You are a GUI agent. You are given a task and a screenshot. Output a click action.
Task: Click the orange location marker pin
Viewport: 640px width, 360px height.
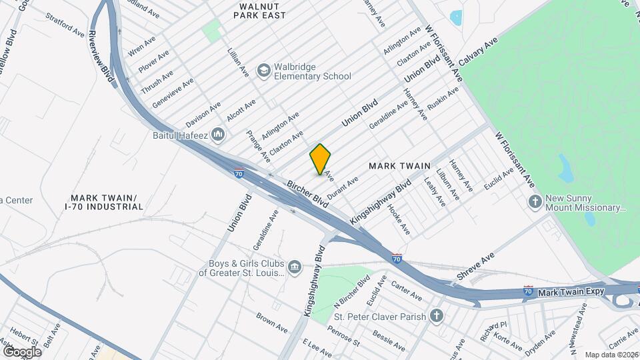point(321,159)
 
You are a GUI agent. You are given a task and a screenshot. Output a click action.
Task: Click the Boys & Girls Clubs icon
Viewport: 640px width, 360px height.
point(294,267)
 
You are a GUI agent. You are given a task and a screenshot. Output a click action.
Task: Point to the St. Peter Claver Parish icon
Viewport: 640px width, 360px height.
point(437,315)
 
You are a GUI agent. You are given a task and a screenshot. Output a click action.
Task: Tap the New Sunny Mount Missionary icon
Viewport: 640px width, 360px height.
point(534,201)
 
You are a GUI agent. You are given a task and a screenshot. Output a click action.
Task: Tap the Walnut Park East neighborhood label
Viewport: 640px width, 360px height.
point(253,10)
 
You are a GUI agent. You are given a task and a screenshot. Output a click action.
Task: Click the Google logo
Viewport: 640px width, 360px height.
point(21,351)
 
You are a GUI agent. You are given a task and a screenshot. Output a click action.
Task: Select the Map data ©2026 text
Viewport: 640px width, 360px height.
point(611,355)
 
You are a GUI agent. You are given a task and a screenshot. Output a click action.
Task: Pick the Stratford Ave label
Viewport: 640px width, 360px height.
point(66,26)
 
